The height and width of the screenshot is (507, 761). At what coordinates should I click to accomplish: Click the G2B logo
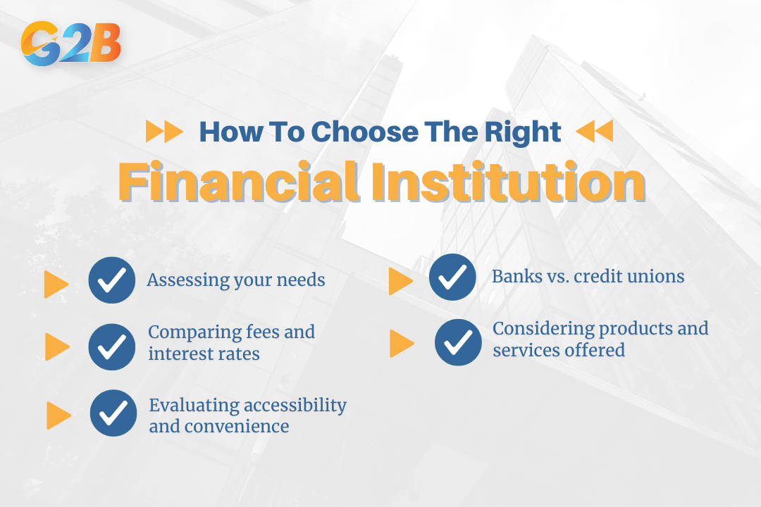71,43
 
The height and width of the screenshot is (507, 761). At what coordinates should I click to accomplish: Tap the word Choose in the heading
364,132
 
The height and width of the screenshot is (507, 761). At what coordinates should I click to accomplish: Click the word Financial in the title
240,182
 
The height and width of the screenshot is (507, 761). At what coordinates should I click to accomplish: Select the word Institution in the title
509,182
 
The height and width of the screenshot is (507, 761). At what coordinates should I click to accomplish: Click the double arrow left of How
164,131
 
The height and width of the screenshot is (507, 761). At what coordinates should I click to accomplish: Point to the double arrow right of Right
595,131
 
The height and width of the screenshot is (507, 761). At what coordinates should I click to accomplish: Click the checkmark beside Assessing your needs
111,280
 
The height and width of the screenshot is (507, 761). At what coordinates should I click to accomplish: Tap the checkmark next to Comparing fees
111,347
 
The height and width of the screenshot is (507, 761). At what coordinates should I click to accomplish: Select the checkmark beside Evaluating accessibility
113,413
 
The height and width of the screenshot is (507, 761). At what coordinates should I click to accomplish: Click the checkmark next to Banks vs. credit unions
452,277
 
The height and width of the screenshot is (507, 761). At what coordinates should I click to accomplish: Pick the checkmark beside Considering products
458,342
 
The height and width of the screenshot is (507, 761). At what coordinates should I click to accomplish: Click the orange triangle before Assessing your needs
56,284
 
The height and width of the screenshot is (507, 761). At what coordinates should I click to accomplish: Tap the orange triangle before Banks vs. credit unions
401,281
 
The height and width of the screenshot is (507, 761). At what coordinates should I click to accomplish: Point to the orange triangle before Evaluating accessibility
58,415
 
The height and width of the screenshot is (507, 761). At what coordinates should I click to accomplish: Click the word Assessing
188,280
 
